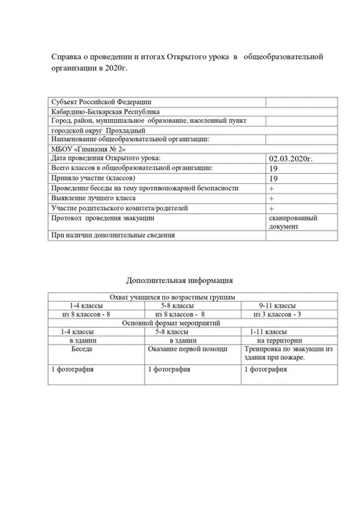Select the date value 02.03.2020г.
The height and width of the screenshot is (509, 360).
[290, 158]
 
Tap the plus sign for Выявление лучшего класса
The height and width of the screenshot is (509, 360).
[271, 198]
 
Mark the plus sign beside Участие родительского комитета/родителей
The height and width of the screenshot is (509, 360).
[271, 208]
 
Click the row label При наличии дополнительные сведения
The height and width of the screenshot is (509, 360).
[112, 235]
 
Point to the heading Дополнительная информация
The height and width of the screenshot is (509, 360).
[179, 279]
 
